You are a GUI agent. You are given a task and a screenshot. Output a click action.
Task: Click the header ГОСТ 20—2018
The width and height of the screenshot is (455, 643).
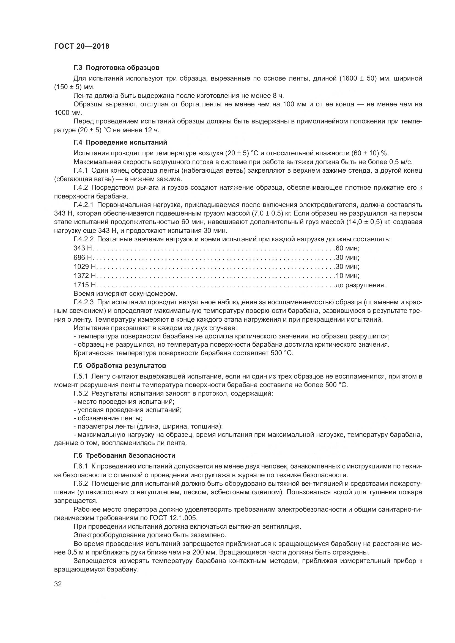pyautogui.click(x=81, y=46)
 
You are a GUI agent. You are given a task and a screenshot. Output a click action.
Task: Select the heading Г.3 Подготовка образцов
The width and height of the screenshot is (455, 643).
pyautogui.click(x=117, y=68)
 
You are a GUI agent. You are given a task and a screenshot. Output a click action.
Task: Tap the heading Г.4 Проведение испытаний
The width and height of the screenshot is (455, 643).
pyautogui.click(x=120, y=142)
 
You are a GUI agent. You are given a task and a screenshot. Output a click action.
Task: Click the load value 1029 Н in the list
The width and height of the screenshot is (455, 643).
pyautogui.click(x=85, y=266)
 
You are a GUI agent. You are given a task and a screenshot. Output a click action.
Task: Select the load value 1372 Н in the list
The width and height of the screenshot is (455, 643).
pyautogui.click(x=85, y=275)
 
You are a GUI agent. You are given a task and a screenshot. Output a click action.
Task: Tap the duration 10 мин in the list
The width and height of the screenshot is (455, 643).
pyautogui.click(x=347, y=275)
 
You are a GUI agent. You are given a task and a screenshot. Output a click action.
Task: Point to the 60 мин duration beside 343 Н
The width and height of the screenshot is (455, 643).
pyautogui.click(x=347, y=248)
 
